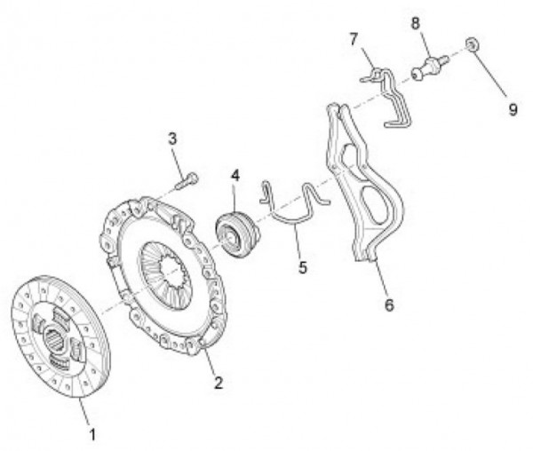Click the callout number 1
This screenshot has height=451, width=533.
(92, 434)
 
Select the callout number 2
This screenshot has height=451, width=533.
(219, 383)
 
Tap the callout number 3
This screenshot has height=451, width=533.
(172, 138)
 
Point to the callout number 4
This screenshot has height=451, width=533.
(235, 176)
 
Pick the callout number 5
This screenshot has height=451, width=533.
(303, 267)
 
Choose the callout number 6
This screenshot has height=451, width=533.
(389, 305)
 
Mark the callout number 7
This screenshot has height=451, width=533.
(354, 39)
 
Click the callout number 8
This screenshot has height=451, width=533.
(416, 23)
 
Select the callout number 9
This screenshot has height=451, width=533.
(513, 109)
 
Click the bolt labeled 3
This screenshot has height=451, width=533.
(187, 181)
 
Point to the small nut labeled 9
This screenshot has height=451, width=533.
(473, 44)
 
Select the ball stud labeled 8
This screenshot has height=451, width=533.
(430, 68)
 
